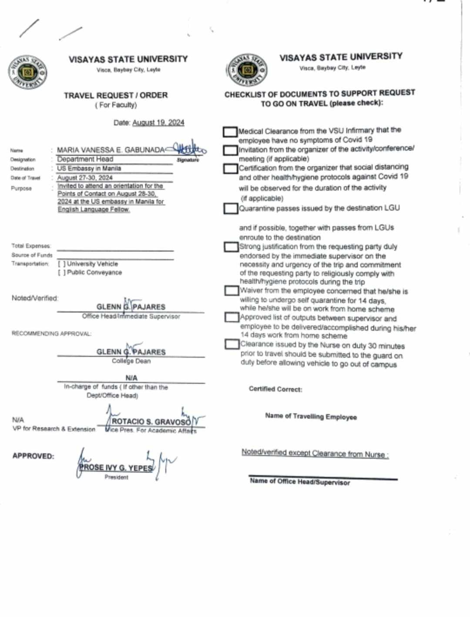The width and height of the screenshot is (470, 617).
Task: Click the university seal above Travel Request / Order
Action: pyautogui.click(x=27, y=72)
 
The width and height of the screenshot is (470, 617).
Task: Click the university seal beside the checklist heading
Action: pyautogui.click(x=247, y=70)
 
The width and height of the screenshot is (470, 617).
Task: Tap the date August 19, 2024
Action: pyautogui.click(x=158, y=123)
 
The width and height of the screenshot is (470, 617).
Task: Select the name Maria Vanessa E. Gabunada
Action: pyautogui.click(x=111, y=150)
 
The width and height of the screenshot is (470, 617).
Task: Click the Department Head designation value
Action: pyautogui.click(x=85, y=159)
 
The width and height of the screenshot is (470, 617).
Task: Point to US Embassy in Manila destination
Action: pyautogui.click(x=89, y=168)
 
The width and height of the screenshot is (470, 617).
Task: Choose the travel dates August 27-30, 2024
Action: pyautogui.click(x=85, y=178)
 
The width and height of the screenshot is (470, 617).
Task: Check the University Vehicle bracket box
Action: pyautogui.click(x=62, y=264)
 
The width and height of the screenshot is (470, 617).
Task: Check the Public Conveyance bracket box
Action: pyautogui.click(x=62, y=272)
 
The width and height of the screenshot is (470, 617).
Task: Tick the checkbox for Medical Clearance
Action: pyautogui.click(x=230, y=131)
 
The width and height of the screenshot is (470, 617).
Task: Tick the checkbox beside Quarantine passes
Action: pyautogui.click(x=231, y=208)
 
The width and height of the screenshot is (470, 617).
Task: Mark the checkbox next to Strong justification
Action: pyautogui.click(x=231, y=247)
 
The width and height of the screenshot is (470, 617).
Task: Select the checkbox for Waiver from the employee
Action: pyautogui.click(x=232, y=290)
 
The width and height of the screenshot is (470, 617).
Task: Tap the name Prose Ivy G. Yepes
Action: pyautogui.click(x=116, y=468)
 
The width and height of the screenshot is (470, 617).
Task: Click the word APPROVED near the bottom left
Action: pyautogui.click(x=33, y=456)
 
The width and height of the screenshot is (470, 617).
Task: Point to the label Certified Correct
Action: pyautogui.click(x=275, y=389)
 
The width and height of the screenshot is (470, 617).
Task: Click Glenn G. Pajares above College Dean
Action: pyautogui.click(x=131, y=352)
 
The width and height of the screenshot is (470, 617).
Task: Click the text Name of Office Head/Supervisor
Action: pyautogui.click(x=300, y=482)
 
